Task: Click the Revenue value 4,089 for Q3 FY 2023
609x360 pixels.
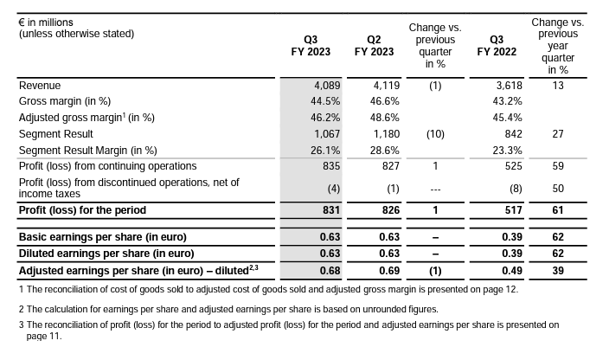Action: click(327, 86)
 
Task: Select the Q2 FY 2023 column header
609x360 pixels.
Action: click(374, 46)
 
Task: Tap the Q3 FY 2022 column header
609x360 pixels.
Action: click(497, 46)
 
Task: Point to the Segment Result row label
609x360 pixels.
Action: click(56, 134)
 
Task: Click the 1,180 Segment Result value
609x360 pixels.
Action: click(387, 134)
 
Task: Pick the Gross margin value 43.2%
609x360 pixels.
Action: click(507, 101)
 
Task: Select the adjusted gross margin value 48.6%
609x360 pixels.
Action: click(384, 118)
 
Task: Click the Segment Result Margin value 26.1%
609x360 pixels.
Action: click(325, 151)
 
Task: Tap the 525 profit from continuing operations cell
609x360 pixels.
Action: click(514, 166)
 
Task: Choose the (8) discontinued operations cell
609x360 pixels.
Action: click(516, 189)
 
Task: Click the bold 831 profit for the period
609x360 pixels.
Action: click(331, 210)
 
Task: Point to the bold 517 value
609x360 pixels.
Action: click(514, 210)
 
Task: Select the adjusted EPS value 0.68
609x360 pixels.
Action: click(330, 271)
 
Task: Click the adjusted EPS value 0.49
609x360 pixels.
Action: click(512, 271)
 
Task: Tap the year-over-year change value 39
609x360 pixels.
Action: click(558, 271)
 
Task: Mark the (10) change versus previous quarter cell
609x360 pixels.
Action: click(435, 134)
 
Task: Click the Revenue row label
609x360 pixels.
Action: click(40, 86)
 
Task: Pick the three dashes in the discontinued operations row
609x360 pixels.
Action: click(435, 190)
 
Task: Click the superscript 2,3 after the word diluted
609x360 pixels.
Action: click(253, 267)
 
